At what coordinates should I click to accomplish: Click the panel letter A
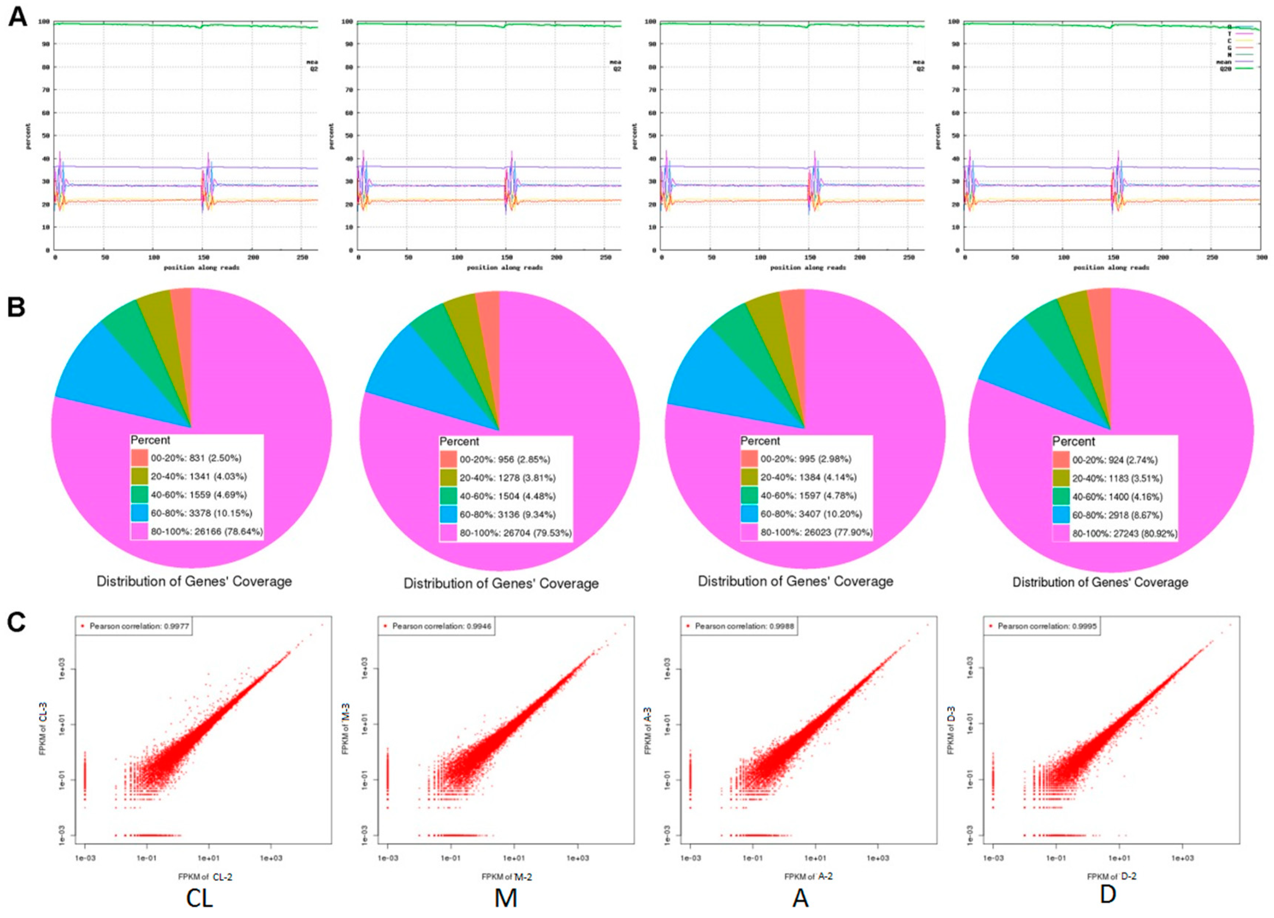17,17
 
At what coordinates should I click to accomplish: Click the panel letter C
16,622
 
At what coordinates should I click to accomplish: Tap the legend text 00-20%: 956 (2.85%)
505,459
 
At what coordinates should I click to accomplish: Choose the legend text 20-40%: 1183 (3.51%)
1117,478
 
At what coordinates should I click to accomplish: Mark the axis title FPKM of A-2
808,876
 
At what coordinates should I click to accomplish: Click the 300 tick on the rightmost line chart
1261,257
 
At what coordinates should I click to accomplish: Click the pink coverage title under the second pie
501,584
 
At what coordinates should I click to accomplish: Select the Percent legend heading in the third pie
760,441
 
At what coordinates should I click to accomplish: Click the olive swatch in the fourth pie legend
1061,478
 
